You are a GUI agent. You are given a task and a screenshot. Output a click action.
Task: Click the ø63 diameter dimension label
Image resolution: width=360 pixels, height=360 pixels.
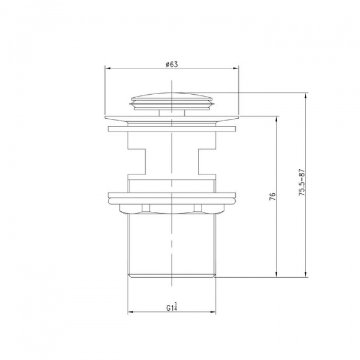(172, 64)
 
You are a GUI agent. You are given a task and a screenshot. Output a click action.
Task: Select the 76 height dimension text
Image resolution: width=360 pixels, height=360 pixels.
(272, 197)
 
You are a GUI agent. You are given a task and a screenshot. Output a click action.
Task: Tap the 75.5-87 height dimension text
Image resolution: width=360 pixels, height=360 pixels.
(301, 182)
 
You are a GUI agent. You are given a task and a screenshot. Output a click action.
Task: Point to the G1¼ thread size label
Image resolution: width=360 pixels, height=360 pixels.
(172, 307)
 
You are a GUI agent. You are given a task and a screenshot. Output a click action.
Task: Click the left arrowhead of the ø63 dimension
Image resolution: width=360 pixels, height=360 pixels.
(108, 68)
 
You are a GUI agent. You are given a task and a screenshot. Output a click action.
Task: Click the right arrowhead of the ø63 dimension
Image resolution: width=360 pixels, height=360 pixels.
(236, 68)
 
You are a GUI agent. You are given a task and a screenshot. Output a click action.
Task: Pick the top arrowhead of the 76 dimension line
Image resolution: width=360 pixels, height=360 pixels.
(277, 119)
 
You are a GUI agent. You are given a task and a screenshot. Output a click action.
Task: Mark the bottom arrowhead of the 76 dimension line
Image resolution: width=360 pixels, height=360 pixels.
(277, 274)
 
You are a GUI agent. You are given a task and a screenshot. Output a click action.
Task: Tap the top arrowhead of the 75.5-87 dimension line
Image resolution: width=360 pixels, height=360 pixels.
(305, 96)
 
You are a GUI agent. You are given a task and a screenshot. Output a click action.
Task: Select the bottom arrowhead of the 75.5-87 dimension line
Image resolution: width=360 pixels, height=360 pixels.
(305, 274)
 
